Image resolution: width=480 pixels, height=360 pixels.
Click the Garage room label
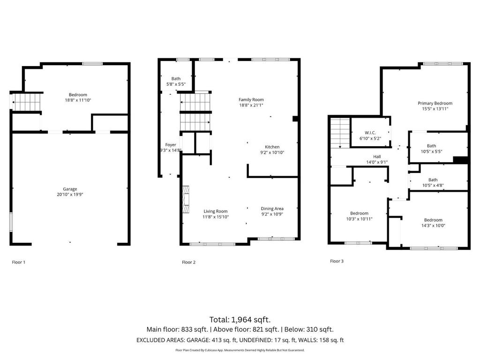70,189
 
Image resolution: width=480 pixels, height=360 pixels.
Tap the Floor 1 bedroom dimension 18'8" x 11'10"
78,100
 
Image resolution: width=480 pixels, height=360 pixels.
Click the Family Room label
251,99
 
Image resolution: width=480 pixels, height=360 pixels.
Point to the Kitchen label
272,147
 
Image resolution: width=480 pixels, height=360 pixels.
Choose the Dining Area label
272,209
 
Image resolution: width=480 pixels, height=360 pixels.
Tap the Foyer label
171,145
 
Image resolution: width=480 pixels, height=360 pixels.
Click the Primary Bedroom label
435,103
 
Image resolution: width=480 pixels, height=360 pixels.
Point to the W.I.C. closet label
370,133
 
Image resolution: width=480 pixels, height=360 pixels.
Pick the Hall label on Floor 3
377,157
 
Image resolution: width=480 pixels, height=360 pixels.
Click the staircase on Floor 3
340,133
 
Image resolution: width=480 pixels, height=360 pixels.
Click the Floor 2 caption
188,262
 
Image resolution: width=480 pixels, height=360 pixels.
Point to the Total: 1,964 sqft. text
240,319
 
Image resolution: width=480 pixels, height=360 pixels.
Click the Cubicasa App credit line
240,350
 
